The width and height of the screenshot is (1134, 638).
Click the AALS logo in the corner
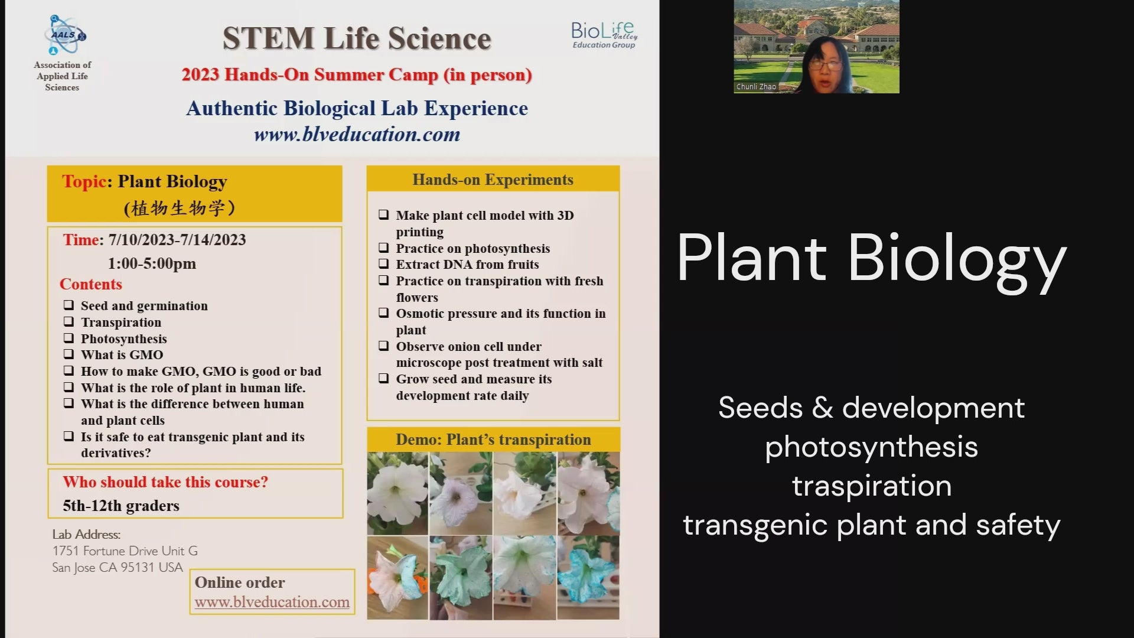coord(65,35)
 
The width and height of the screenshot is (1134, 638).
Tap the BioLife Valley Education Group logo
coord(604,35)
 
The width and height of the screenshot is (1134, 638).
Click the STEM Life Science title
coord(357,38)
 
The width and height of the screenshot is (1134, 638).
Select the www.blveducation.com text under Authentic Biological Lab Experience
coord(357,134)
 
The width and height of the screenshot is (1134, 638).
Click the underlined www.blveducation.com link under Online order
coord(272,602)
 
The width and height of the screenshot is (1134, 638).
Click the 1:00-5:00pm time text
coord(152,263)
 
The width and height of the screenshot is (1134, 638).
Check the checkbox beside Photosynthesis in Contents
coord(69,338)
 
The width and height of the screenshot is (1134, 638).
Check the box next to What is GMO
coord(69,354)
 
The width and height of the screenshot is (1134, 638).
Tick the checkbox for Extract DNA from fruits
coord(384,263)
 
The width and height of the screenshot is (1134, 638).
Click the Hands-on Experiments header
coord(493,180)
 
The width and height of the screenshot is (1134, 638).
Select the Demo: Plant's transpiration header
coord(493,440)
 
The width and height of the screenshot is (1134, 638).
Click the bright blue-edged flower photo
coord(588,577)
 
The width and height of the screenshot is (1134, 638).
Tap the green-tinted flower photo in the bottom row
coord(461,577)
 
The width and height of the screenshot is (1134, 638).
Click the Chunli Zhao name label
coord(756,87)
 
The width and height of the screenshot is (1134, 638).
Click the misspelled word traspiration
coord(872,486)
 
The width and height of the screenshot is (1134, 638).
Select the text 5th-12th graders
coord(121,506)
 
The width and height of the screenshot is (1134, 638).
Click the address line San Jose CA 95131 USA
coord(118,567)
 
